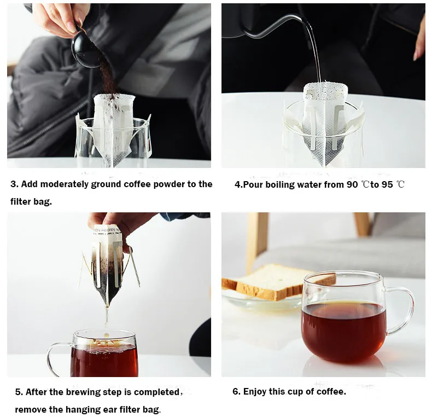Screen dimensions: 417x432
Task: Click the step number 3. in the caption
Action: pos(14,184)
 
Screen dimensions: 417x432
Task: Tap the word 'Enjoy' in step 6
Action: pos(256,392)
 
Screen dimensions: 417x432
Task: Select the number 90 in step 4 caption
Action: pos(352,185)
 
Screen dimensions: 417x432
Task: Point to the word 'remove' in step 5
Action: pos(31,409)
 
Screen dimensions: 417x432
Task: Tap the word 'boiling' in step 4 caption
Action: pos(277,185)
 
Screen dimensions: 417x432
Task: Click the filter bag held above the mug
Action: pos(108,263)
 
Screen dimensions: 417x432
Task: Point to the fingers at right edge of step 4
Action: pos(419,44)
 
